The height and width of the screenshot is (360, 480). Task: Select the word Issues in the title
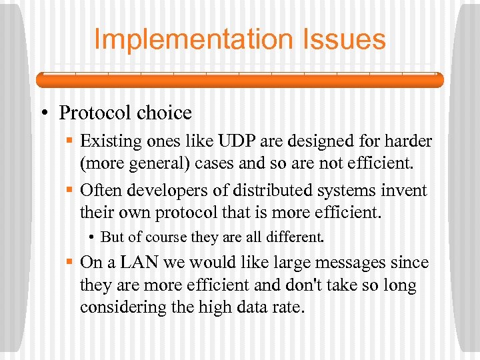click(x=347, y=39)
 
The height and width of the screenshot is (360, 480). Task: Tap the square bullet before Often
click(x=70, y=191)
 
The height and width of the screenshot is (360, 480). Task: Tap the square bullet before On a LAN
click(x=70, y=263)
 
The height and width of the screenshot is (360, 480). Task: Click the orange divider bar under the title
click(x=239, y=79)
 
